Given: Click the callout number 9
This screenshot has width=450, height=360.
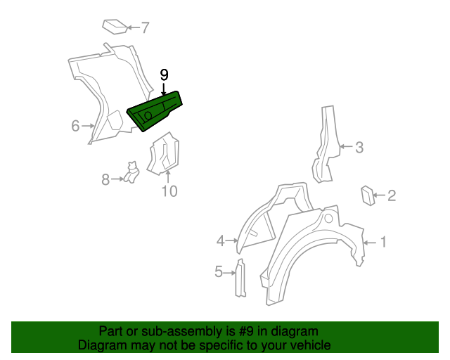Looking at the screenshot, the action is [165, 74].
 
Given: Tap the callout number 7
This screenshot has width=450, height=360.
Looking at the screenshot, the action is [145, 28].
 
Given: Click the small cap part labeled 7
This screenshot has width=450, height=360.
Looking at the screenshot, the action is [114, 26].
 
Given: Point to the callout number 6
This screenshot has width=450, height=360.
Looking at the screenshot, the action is [75, 126].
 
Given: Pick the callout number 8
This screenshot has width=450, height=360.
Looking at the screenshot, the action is [105, 179].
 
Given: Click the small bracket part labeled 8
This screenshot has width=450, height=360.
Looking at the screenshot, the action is [131, 172].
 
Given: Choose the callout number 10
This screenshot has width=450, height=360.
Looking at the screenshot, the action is [170, 191].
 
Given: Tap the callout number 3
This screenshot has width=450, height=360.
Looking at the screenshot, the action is [359, 147].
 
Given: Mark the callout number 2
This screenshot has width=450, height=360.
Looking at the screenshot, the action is [392, 195].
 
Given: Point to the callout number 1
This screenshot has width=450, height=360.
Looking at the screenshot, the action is [383, 243].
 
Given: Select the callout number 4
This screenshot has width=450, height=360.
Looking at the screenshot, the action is [220, 241].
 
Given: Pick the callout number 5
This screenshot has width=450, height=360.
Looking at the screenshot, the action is [219, 271].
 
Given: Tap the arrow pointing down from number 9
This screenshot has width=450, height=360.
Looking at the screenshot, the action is [165, 89].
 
